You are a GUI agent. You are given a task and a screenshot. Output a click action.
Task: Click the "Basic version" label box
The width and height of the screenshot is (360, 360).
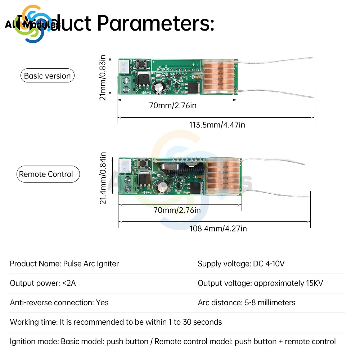47,76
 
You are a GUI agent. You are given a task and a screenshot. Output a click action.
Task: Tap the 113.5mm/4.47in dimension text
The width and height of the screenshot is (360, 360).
217,125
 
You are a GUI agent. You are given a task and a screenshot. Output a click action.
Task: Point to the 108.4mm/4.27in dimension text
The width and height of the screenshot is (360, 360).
218,228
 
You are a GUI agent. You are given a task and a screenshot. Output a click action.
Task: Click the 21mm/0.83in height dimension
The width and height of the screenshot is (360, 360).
103,77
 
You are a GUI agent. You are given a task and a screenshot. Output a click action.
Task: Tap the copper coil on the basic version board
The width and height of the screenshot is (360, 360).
219,77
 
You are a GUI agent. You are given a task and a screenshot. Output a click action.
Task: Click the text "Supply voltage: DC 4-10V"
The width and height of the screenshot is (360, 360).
241,264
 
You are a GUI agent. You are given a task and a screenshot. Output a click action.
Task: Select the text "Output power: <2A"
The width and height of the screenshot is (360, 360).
43,283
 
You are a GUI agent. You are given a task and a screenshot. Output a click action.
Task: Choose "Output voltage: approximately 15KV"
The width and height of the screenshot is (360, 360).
260,283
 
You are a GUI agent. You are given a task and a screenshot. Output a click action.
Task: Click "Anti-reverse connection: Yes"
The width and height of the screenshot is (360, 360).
59,302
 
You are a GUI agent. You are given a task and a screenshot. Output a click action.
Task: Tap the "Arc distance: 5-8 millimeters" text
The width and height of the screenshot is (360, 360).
246,302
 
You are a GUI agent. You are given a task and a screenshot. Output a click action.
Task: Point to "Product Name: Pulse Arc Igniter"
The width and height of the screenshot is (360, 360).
64,264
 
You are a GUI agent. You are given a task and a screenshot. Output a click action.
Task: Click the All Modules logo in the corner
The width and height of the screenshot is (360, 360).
32,24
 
